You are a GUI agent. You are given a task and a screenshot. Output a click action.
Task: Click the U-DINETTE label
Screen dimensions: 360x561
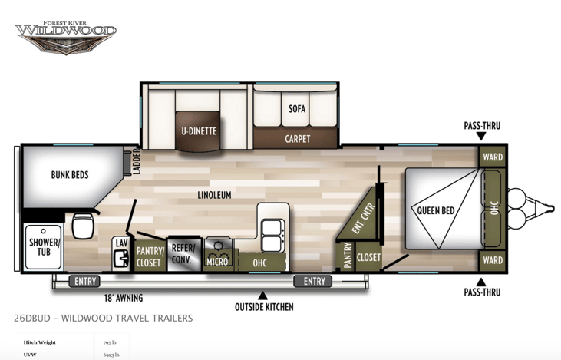(199, 130)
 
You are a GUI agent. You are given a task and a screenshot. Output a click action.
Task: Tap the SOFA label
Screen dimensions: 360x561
(297, 108)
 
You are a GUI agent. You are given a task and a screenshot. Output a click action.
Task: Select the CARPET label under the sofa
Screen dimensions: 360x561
(297, 139)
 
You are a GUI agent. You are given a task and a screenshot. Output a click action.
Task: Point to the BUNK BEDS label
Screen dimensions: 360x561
(70, 174)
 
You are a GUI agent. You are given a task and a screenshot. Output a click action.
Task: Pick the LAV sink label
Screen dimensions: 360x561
(121, 243)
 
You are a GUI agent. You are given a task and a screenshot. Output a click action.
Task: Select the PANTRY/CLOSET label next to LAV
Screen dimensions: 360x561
(148, 256)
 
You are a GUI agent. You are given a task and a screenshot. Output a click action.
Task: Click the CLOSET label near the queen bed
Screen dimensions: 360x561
(368, 257)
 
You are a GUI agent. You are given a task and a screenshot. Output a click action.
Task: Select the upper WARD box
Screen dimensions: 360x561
(493, 157)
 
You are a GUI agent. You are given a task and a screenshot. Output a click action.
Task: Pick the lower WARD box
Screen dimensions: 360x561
(493, 260)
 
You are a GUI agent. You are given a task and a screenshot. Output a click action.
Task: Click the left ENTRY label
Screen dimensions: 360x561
(84, 282)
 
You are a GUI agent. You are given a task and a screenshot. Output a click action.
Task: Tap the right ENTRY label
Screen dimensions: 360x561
(315, 282)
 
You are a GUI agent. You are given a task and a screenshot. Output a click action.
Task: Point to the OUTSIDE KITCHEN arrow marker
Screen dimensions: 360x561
(263, 294)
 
